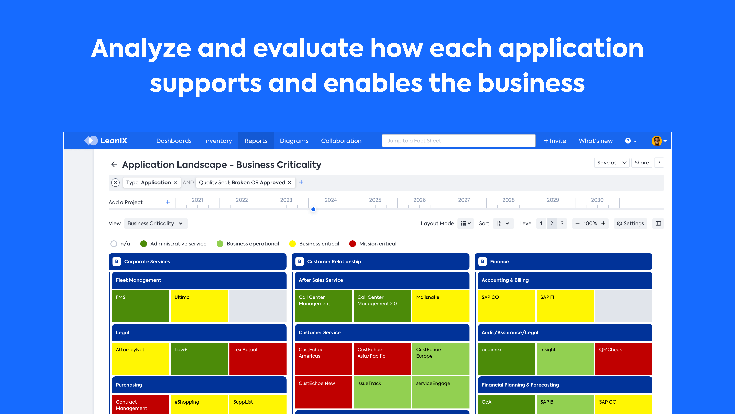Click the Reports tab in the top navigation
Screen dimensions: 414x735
(256, 141)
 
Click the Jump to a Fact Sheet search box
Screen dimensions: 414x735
(458, 141)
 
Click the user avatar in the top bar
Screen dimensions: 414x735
(657, 141)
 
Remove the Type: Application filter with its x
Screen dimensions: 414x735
(175, 183)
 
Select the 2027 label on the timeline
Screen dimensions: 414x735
(464, 200)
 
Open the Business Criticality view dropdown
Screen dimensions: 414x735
(156, 223)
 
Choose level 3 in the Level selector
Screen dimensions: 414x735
(562, 223)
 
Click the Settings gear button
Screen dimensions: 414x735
(630, 223)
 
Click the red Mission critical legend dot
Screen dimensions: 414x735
(352, 244)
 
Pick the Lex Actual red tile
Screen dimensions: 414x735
(258, 358)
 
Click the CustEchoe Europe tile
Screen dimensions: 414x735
(440, 358)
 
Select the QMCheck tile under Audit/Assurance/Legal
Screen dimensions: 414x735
(623, 358)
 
